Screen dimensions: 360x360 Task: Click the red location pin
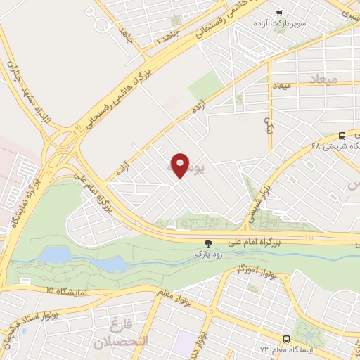tap(181, 165)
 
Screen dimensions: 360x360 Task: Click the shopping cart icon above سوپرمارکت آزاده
tap(279, 13)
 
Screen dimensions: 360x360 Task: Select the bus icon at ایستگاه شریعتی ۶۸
tap(342, 136)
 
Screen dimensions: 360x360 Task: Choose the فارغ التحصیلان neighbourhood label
tap(124, 333)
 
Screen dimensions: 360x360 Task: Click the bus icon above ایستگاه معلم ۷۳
tap(287, 338)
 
